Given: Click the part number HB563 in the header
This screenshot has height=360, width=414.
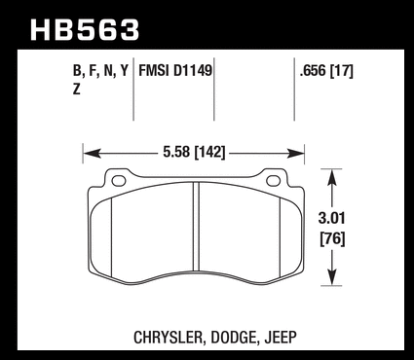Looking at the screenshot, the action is (x=85, y=30).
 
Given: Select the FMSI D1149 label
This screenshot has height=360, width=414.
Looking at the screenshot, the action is (x=175, y=70).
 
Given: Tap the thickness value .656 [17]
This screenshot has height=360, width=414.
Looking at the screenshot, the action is (x=326, y=71).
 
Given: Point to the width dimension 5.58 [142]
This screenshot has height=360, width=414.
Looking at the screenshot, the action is (x=194, y=152).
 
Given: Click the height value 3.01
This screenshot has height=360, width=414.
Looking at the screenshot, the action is (x=331, y=218).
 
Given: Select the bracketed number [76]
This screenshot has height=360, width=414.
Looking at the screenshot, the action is (x=332, y=239).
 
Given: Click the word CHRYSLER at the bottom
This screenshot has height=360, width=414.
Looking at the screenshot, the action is (x=169, y=338).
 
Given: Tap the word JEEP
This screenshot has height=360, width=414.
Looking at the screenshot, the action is (x=281, y=338).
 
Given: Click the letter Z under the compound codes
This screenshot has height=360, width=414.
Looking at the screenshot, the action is (x=76, y=90).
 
